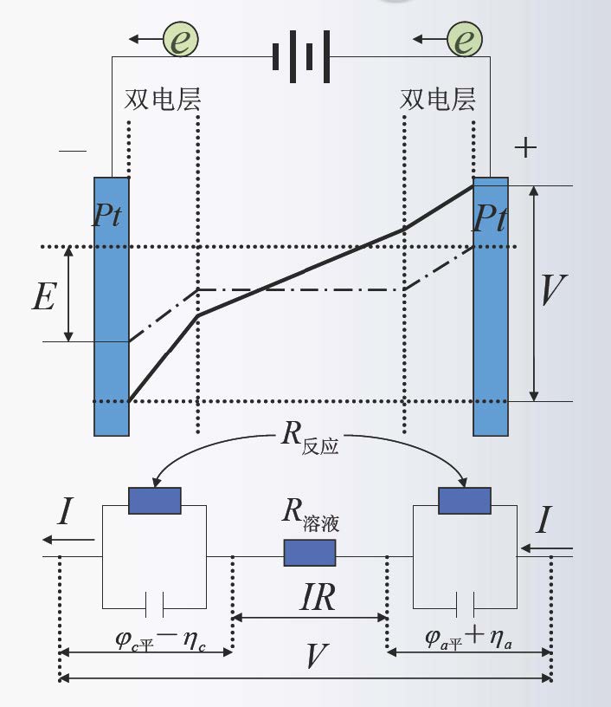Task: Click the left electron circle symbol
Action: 180,39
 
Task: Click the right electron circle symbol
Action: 465,39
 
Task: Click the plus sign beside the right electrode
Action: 525,147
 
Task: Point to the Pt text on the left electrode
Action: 107,216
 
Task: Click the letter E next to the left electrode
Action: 43,296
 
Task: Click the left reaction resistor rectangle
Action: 154,501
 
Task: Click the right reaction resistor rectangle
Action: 465,501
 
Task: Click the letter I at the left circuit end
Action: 65,514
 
